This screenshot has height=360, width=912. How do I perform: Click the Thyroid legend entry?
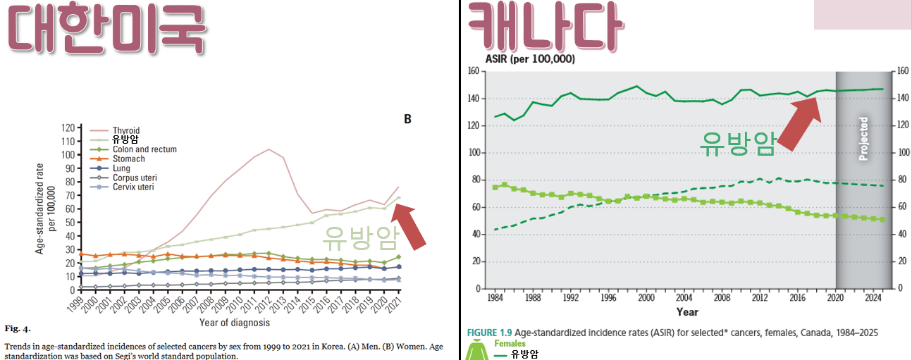(126, 130)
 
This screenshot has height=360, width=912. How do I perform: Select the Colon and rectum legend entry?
(144, 149)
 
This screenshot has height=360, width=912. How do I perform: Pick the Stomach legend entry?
(129, 159)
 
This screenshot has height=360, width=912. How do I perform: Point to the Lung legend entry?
(122, 168)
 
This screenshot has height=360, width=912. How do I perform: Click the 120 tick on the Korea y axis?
(68, 128)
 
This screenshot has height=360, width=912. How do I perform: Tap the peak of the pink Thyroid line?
(269, 149)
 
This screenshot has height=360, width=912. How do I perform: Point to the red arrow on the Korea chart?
(411, 225)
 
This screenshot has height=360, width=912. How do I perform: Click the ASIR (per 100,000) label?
(529, 59)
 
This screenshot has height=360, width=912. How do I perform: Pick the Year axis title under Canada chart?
(687, 311)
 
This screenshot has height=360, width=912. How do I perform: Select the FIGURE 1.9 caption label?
(489, 332)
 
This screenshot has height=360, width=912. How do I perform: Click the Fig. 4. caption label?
(18, 328)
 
